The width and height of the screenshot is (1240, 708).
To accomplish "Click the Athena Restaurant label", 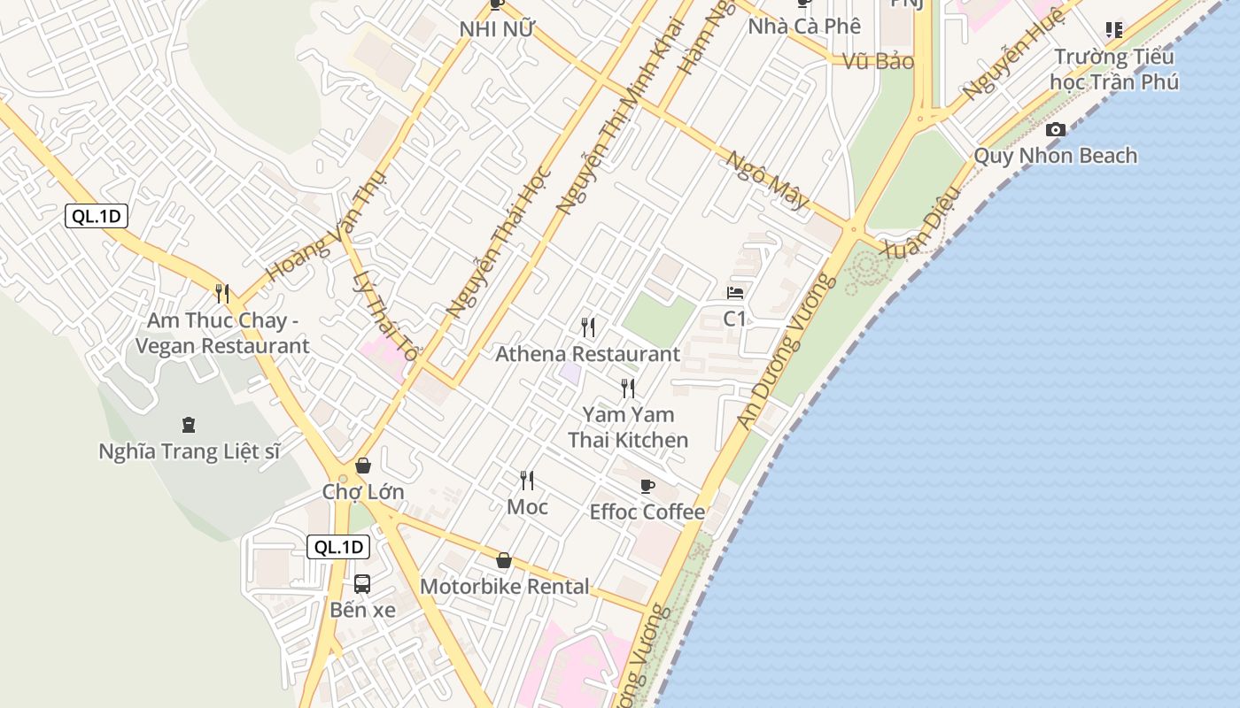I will [x=587, y=354].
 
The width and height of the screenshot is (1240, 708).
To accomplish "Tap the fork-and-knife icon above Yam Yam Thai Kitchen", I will [x=628, y=388].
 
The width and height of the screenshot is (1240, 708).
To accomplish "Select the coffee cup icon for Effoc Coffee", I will [x=647, y=486].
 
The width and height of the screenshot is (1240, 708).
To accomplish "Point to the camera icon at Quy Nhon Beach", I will [x=1055, y=129].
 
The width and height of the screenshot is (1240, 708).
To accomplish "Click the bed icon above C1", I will [x=735, y=292].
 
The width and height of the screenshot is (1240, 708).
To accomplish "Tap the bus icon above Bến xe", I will [x=362, y=583].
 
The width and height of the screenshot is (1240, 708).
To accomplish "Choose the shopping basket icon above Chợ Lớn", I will [x=363, y=466].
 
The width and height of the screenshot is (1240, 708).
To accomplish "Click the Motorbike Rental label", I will [x=504, y=587].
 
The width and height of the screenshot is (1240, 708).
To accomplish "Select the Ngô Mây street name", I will [x=768, y=181].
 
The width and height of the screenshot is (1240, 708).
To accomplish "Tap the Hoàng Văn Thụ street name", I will [x=327, y=227].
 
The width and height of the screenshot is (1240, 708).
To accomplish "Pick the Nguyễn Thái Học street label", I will [x=500, y=242].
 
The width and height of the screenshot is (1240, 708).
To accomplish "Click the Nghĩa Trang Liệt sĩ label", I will [x=189, y=451].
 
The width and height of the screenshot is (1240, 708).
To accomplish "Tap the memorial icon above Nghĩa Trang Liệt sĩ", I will [x=188, y=425].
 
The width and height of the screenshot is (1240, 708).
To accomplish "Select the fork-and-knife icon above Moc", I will [x=527, y=481].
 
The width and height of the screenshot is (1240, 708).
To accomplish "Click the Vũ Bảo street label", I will [x=878, y=61].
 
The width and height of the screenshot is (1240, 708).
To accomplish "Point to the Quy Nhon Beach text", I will [x=1055, y=156].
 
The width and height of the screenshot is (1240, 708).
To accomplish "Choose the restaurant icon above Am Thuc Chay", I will [x=222, y=293].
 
